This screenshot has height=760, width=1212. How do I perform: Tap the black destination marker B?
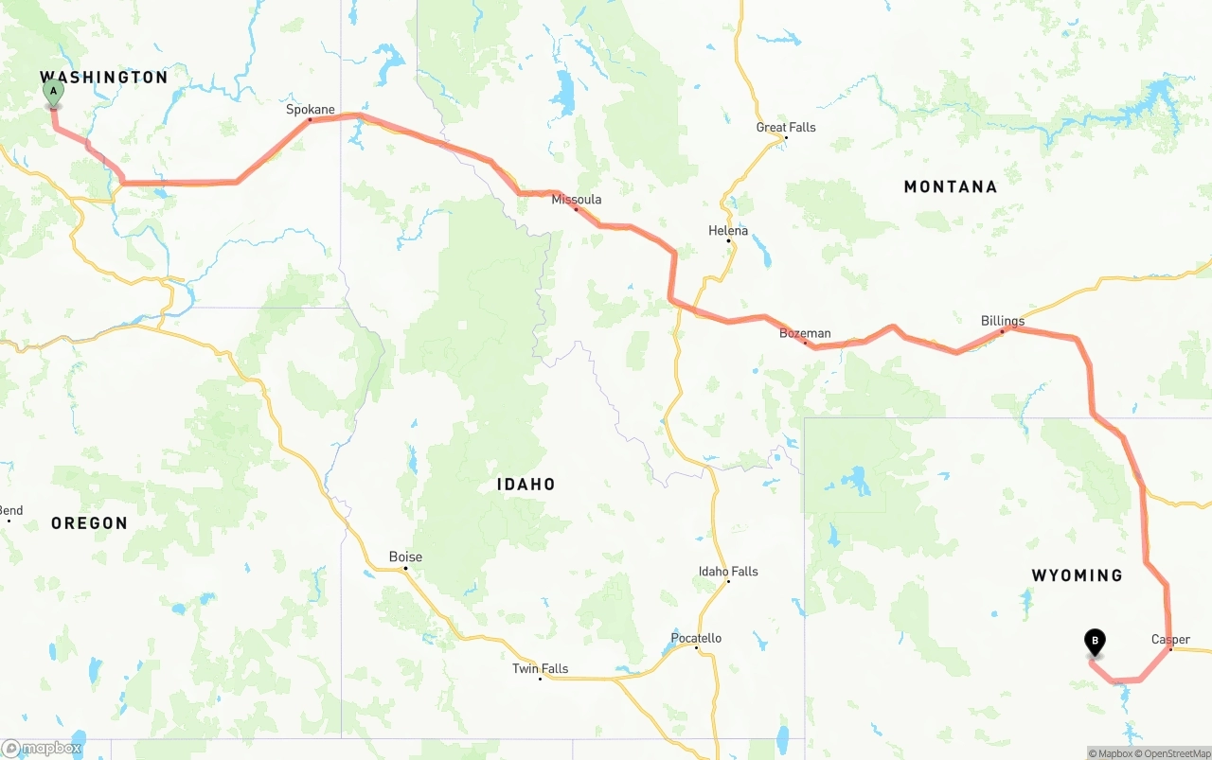click(x=1095, y=643)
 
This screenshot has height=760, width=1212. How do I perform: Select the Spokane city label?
click(x=311, y=110)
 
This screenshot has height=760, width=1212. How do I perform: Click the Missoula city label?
click(x=577, y=200)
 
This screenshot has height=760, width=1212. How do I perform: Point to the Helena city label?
click(x=728, y=231)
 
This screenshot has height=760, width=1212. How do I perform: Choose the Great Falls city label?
click(x=786, y=128)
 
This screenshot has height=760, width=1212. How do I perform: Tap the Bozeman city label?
click(x=805, y=333)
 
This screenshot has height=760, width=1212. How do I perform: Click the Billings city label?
click(x=1003, y=321)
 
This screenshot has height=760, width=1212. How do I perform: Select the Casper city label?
click(x=1170, y=640)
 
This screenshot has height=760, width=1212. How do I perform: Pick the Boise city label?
click(x=405, y=557)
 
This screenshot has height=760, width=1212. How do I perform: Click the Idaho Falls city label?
click(x=728, y=572)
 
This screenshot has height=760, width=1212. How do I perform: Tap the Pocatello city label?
click(x=696, y=639)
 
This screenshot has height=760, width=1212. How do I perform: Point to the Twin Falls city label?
click(x=541, y=669)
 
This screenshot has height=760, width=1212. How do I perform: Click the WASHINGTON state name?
click(x=103, y=78)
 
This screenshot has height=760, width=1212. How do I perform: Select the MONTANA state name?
click(x=951, y=187)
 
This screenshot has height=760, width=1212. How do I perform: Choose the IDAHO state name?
click(x=526, y=485)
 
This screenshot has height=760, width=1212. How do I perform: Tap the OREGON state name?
click(x=89, y=523)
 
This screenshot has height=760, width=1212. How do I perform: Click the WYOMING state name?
click(x=1077, y=575)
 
